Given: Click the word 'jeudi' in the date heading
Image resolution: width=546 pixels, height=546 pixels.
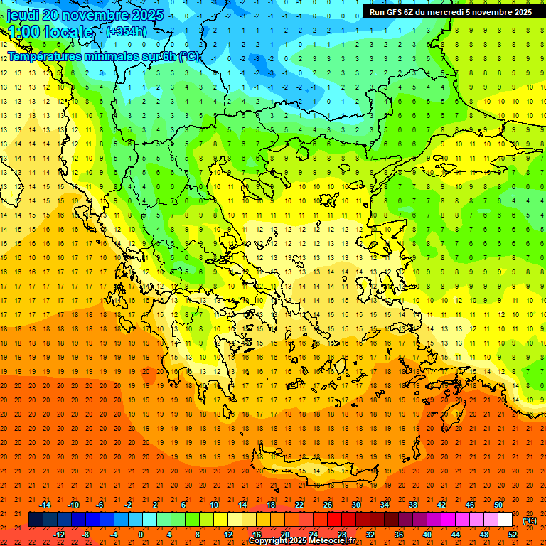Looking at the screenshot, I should [x=23, y=15].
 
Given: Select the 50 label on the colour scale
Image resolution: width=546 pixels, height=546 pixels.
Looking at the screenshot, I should [x=498, y=505].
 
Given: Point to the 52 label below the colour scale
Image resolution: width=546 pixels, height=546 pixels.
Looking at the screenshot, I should [x=513, y=535].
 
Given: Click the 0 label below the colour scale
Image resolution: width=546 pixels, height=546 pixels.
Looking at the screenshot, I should [x=140, y=535].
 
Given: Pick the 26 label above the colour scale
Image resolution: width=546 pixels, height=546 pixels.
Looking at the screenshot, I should [x=327, y=505].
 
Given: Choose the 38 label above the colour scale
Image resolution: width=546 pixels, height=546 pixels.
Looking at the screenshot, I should [x=412, y=505].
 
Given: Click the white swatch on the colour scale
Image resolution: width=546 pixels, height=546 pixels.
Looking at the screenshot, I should [x=505, y=520].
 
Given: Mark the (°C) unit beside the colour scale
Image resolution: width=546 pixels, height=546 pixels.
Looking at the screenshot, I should [x=530, y=520].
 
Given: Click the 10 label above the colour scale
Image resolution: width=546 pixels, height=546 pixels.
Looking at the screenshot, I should [x=213, y=505].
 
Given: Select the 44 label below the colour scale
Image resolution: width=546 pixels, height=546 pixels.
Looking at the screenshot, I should [x=456, y=535].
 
